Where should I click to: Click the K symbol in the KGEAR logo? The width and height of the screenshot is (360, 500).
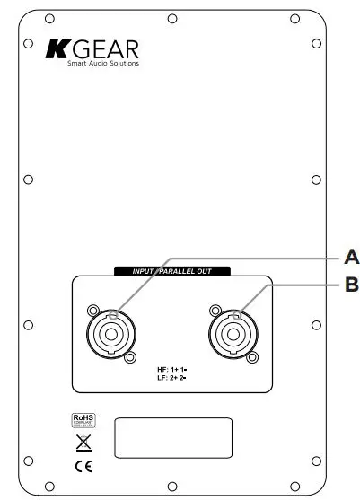pos(55,48)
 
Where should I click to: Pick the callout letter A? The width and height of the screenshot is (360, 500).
pos(352,257)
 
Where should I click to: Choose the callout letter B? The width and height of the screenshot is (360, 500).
pos(352,286)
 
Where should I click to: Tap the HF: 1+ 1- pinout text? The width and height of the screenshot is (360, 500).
pos(170,370)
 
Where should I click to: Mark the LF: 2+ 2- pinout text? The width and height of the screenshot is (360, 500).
pos(170,380)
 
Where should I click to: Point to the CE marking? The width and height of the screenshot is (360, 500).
pos(82,467)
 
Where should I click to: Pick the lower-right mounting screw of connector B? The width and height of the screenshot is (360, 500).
pos(254,357)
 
